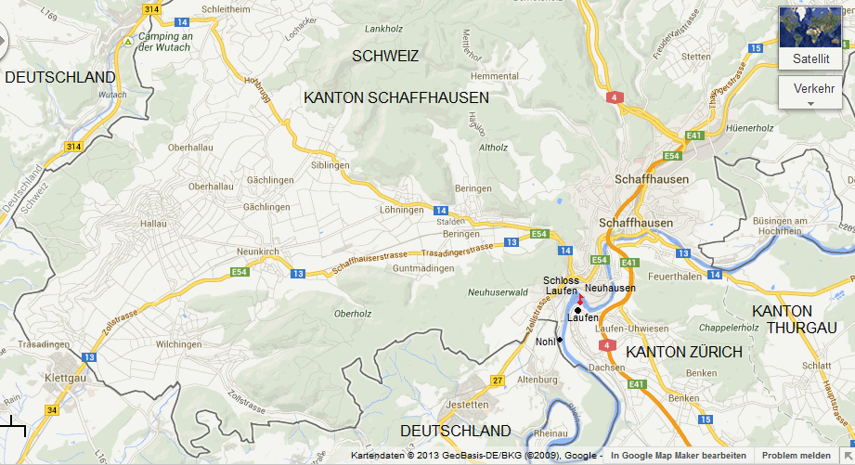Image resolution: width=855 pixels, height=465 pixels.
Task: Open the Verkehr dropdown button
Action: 814,93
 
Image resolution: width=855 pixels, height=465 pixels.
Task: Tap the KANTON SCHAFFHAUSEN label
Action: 396,97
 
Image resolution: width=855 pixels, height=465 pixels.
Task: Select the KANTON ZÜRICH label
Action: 684,353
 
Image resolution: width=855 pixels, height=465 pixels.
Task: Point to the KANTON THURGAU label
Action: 794,319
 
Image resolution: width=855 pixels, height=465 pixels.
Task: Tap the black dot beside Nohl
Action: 560,340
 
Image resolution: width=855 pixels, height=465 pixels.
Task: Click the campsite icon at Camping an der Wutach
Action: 128,42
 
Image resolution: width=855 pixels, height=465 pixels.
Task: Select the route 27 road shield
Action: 498,381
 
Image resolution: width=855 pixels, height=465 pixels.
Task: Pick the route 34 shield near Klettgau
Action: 51,410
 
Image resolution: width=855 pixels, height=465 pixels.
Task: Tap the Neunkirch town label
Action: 258,252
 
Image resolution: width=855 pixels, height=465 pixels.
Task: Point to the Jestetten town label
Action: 466,405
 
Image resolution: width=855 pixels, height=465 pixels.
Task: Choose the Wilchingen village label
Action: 178,344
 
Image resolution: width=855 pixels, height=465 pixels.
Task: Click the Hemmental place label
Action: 495,76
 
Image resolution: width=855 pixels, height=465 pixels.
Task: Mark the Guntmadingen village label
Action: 423,268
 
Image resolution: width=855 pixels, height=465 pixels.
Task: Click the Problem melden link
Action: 796,456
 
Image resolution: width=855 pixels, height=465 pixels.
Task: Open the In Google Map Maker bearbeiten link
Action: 678,456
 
